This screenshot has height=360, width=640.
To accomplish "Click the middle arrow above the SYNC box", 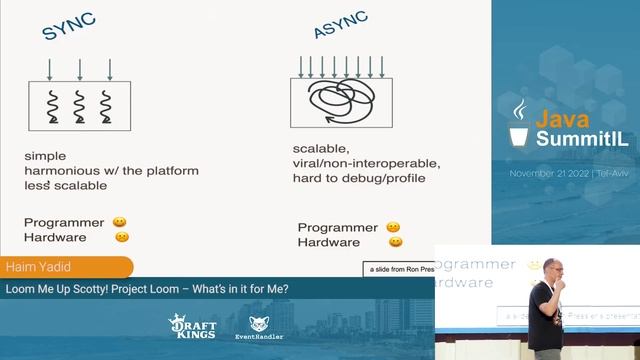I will pyautogui.click(x=80, y=69).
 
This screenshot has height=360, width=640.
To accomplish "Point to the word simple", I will pyautogui.click(x=45, y=157).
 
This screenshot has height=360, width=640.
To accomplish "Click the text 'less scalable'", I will pyautogui.click(x=66, y=185).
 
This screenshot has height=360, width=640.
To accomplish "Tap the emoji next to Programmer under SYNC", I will pyautogui.click(x=119, y=222).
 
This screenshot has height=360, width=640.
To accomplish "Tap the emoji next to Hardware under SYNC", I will pyautogui.click(x=121, y=237).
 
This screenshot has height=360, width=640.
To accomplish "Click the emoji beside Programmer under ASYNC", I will pyautogui.click(x=393, y=227).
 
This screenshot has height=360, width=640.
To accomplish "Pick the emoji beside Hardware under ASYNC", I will pyautogui.click(x=396, y=242).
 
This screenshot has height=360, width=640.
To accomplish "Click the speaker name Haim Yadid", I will pyautogui.click(x=33, y=268).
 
